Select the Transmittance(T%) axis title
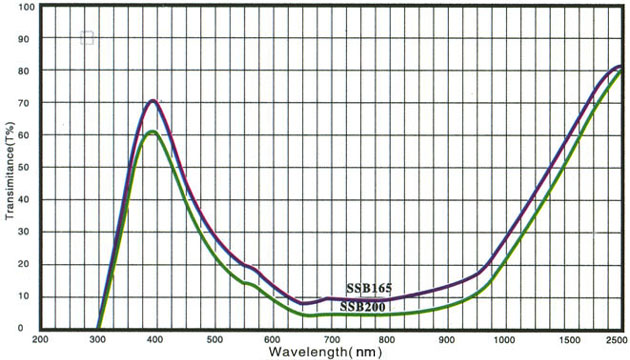click(x=9, y=169)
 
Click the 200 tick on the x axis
click(x=41, y=339)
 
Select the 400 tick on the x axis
click(x=155, y=339)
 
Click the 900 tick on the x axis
click(x=445, y=339)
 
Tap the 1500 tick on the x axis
click(x=560, y=339)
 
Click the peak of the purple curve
click(x=153, y=100)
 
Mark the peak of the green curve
click(x=151, y=132)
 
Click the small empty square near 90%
click(x=87, y=38)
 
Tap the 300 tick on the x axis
click(x=98, y=339)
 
